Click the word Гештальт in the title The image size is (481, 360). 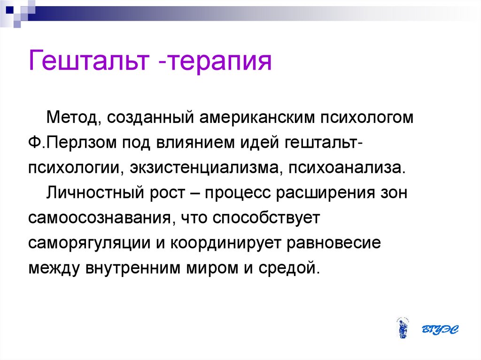pyautogui.click(x=89, y=60)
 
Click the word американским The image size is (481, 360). pyautogui.click(x=257, y=118)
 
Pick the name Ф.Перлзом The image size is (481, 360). pyautogui.click(x=72, y=143)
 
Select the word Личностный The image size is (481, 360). pyautogui.click(x=95, y=193)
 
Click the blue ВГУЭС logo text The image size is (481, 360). pyautogui.click(x=440, y=329)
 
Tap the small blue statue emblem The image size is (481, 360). pyautogui.click(x=403, y=328)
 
